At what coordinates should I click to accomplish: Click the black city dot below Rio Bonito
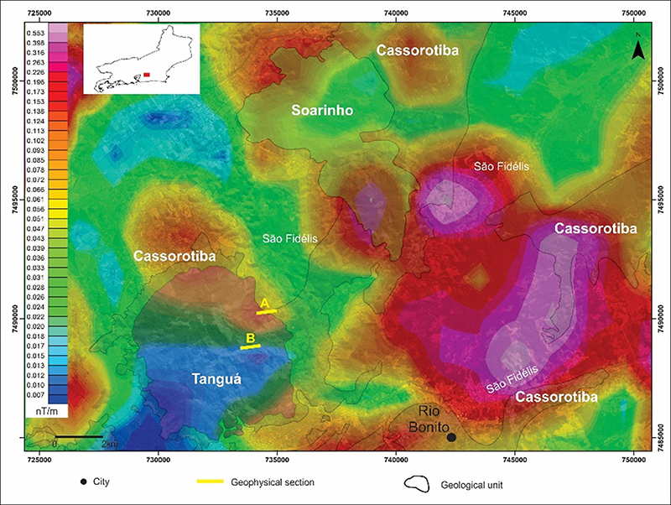pyautogui.click(x=451, y=437)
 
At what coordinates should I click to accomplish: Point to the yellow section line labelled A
pyautogui.click(x=267, y=311)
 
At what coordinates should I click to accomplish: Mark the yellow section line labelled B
pyautogui.click(x=251, y=346)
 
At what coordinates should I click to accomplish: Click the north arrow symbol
pyautogui.click(x=638, y=49)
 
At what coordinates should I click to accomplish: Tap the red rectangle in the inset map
pyautogui.click(x=147, y=75)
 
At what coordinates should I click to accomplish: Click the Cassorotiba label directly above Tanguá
pyautogui.click(x=173, y=255)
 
